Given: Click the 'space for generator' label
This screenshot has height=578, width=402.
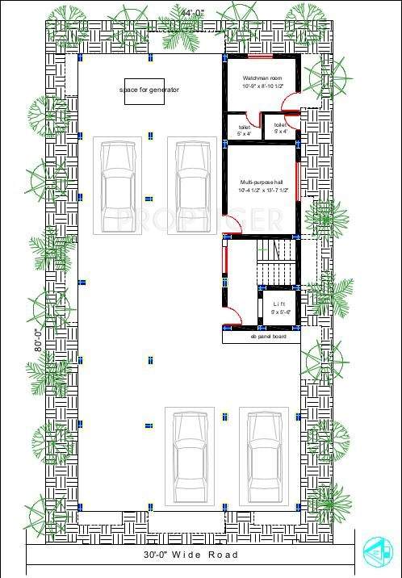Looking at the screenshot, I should point(149,90).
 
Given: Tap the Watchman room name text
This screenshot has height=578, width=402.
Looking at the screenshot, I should point(259,78).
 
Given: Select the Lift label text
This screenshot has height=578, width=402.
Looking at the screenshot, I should point(279,304).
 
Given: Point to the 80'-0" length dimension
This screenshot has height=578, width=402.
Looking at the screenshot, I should point(38,340).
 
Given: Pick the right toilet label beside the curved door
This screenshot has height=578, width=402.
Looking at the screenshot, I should point(280,125).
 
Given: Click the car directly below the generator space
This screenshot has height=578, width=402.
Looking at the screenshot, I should point(118,186).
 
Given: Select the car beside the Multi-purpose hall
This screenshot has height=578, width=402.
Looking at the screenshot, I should point(191,186).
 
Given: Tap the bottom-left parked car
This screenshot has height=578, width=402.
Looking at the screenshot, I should point(189,456).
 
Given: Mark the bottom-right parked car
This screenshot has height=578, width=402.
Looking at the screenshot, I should point(263,456).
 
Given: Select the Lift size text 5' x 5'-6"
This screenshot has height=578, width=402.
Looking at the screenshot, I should point(279,311).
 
